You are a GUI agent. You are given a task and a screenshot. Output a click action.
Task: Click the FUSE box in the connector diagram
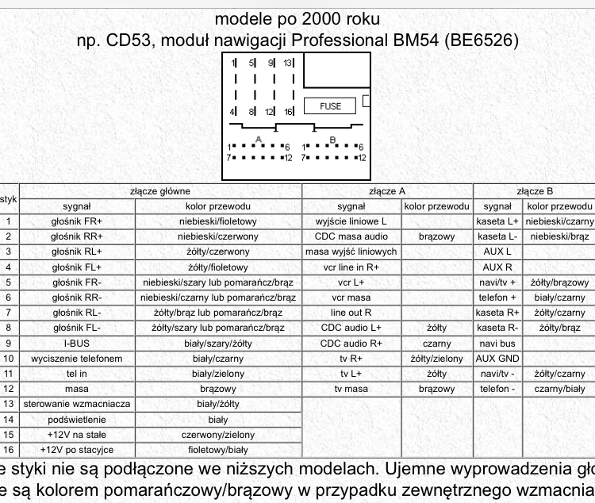(x=330, y=106)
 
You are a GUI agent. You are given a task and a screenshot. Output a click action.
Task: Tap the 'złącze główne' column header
(x=160, y=191)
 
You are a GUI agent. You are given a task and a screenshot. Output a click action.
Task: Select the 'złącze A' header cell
(x=387, y=191)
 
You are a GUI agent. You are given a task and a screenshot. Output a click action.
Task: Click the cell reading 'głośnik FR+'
(x=77, y=221)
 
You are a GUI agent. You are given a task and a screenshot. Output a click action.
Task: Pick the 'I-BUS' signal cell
(x=77, y=344)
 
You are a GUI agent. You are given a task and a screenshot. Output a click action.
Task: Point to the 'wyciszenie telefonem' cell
(x=77, y=359)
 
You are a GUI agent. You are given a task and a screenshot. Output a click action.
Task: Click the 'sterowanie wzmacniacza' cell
(x=77, y=404)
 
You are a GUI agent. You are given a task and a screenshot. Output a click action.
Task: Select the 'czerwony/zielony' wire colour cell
(x=218, y=435)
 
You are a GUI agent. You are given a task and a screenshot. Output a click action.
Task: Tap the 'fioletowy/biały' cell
(x=218, y=450)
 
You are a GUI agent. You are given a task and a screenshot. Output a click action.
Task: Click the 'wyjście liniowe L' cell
(x=351, y=221)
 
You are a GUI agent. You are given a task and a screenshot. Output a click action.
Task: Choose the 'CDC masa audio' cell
(x=351, y=236)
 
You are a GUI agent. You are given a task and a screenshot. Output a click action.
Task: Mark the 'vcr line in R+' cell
(x=351, y=267)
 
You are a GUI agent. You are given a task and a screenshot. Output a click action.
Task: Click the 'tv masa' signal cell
(x=351, y=389)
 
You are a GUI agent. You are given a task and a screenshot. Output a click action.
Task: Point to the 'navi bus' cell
(x=497, y=344)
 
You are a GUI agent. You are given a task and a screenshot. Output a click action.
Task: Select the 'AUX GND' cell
(x=497, y=359)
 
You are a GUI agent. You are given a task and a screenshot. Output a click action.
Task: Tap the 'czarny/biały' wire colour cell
(x=559, y=389)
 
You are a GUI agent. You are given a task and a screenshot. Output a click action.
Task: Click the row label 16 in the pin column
(x=8, y=450)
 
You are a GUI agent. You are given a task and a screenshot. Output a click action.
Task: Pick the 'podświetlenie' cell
(x=77, y=419)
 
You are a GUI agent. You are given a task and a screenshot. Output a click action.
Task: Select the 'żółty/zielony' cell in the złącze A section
(x=436, y=359)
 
